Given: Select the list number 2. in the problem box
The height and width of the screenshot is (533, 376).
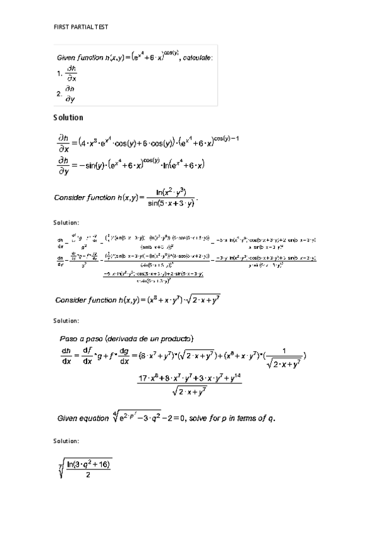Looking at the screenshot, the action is click(59, 94).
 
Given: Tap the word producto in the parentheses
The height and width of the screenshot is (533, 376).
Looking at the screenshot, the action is click(177, 339).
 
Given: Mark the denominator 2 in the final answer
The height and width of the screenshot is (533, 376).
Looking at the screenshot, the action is click(87, 475).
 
